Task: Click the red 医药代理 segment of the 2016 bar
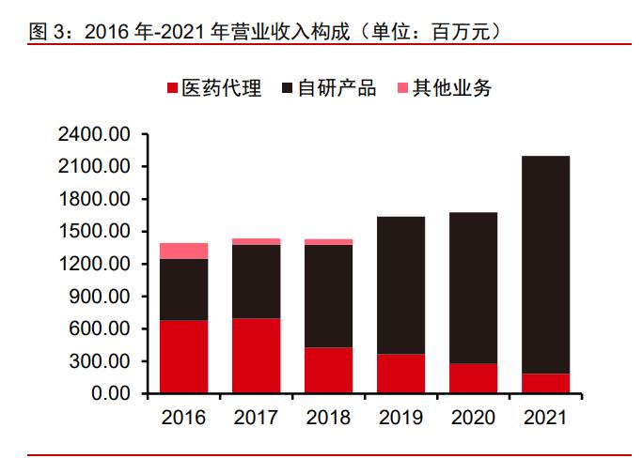point(183,357)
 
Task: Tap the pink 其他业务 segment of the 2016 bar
point(183,251)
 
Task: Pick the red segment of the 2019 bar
point(400,374)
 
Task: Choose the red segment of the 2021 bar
point(544,383)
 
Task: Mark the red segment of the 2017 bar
point(256,356)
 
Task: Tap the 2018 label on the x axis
point(328,418)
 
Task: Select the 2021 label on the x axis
point(544,418)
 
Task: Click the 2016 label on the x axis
point(183,418)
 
